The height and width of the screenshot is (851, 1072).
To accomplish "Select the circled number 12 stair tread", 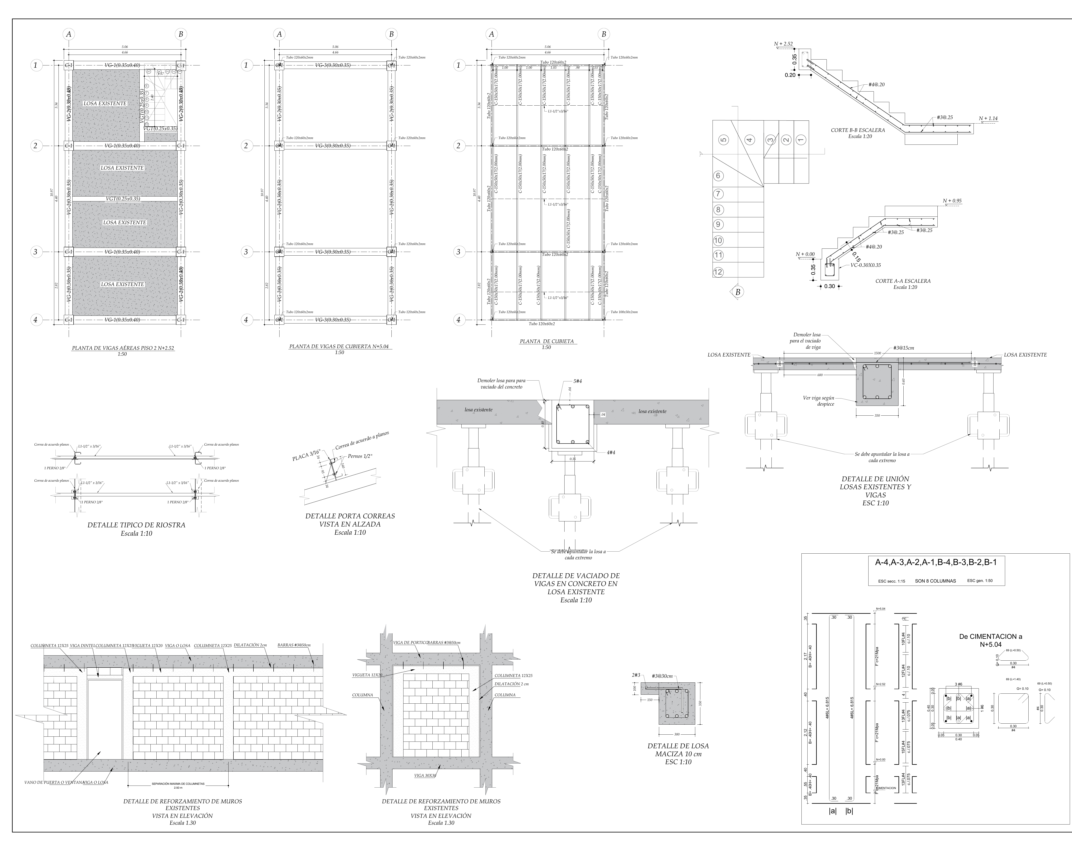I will pyautogui.click(x=718, y=272).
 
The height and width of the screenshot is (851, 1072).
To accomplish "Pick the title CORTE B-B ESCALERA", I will pyautogui.click(x=858, y=130).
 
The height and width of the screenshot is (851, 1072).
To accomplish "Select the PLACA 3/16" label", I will pyautogui.click(x=306, y=455).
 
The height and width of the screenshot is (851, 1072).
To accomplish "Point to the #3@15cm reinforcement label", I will pyautogui.click(x=903, y=348).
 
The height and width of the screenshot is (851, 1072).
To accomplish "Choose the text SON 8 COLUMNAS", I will pyautogui.click(x=935, y=581).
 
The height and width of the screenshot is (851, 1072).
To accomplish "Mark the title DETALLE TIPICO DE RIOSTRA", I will pyautogui.click(x=136, y=525).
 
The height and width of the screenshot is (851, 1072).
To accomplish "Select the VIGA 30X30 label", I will pyautogui.click(x=425, y=775).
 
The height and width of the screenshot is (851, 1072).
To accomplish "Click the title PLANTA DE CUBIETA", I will pyautogui.click(x=546, y=341).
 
